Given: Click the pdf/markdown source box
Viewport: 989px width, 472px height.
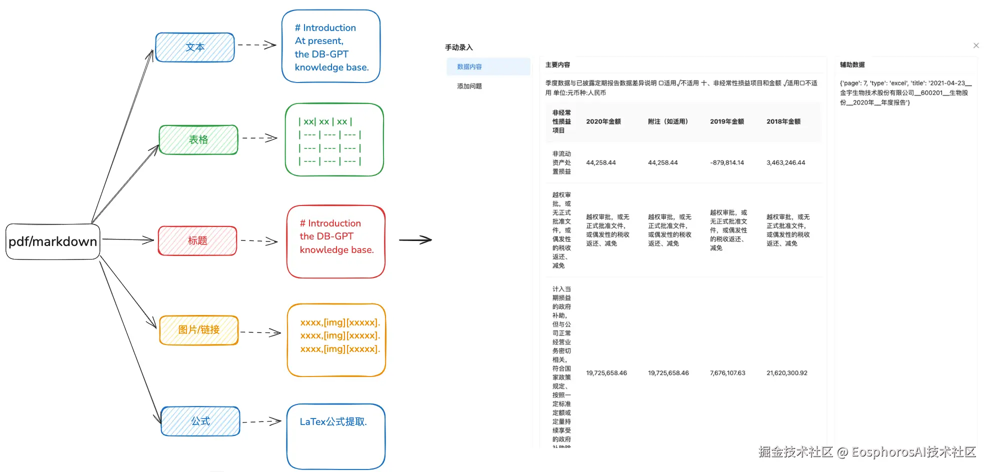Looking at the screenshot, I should tap(53, 241).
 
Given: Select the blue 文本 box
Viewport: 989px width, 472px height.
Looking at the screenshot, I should tap(195, 47).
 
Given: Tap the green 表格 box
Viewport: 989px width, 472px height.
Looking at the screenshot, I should tap(198, 139).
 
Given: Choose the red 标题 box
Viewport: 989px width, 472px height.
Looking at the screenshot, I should tap(197, 240).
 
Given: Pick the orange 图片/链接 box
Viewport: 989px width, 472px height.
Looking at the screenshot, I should tap(199, 330).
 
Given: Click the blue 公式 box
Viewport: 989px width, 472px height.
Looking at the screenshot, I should tap(200, 421).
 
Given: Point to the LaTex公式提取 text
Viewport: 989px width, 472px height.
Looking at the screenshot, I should tap(333, 422).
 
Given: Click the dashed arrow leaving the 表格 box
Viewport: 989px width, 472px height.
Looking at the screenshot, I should tap(259, 138).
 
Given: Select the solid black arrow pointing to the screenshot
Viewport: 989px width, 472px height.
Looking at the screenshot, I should tap(415, 240).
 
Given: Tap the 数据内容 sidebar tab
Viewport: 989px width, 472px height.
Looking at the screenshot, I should tap(469, 66).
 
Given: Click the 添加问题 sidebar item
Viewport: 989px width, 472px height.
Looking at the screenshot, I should tap(469, 86).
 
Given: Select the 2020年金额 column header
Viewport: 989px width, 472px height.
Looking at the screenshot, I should tap(603, 121).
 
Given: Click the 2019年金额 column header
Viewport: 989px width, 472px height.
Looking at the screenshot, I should tap(727, 121).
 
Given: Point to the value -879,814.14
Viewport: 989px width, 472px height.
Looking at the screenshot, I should tap(727, 163).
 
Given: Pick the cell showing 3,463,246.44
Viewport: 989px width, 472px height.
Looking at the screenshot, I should tap(786, 163).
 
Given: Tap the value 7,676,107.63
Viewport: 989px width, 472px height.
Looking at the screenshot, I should tap(727, 373).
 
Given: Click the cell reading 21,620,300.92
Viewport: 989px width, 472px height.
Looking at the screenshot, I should tap(787, 373).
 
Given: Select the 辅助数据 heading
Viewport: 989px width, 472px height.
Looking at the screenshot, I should tap(852, 64).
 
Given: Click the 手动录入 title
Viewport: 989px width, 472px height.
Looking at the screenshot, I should tap(459, 47).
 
